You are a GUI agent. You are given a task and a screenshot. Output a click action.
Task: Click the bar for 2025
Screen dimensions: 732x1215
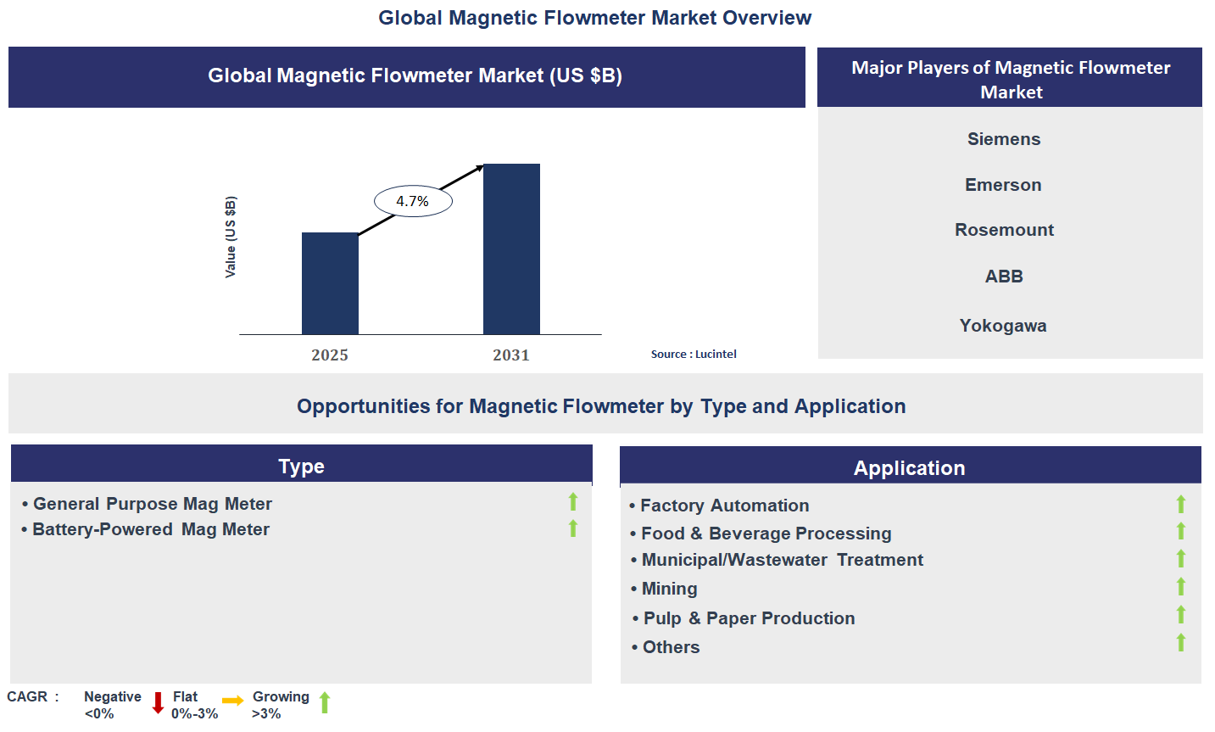330,283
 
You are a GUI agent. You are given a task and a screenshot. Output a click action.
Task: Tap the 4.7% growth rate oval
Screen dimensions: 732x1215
413,201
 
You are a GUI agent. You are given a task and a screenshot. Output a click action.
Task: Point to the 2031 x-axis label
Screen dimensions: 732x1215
511,355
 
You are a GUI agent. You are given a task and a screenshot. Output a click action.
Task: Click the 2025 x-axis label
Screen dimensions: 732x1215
330,355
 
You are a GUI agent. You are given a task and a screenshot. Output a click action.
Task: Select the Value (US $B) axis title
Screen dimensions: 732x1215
231,237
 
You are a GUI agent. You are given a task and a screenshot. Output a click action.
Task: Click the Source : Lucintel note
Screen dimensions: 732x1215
694,355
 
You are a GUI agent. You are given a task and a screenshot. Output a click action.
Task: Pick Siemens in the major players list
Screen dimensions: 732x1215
1004,139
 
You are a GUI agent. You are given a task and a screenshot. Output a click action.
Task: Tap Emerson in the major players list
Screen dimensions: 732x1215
1003,185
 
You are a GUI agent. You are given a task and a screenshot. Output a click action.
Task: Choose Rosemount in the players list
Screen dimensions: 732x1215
1004,230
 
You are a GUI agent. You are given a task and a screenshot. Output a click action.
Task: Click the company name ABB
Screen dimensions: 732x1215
1004,277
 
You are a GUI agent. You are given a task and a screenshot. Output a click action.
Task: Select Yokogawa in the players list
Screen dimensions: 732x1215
1003,326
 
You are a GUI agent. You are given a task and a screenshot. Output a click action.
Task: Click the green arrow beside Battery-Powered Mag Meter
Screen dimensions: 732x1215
573,528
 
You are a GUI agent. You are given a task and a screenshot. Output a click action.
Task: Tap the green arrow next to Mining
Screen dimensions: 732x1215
1180,587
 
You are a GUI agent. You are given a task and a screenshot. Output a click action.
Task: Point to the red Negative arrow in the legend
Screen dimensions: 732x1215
158,703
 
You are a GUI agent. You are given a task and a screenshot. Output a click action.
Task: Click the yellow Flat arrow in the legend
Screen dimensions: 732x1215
233,701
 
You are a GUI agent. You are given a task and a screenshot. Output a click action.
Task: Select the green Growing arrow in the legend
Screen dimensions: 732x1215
325,702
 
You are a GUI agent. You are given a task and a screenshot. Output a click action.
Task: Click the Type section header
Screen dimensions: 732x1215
301,466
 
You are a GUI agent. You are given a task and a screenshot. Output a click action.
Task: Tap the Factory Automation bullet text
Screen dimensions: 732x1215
724,506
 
